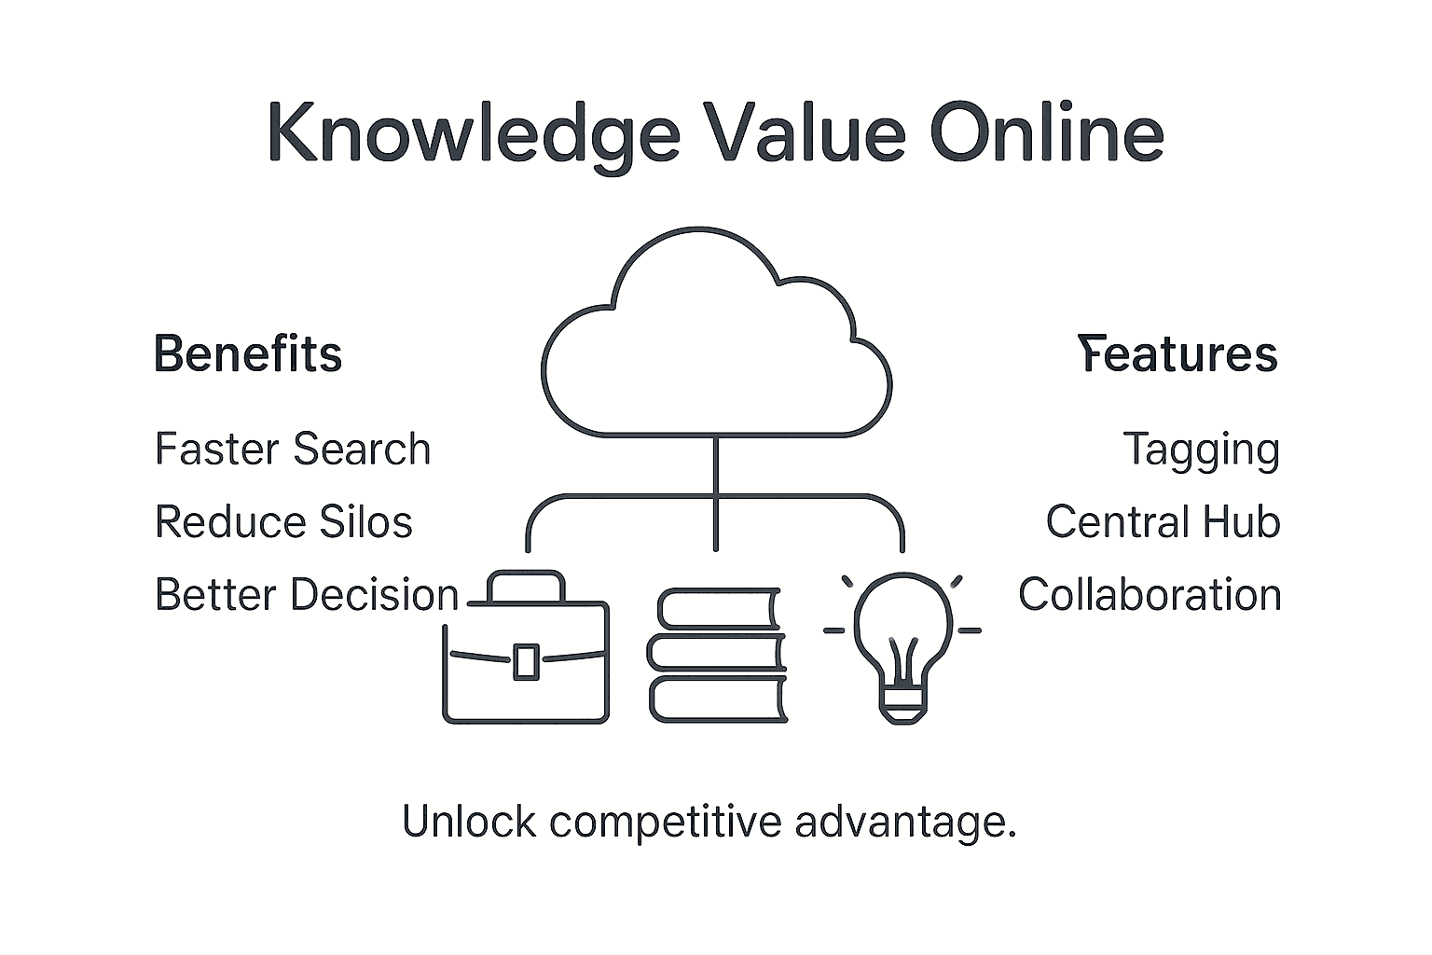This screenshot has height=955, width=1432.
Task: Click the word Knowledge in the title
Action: (x=473, y=132)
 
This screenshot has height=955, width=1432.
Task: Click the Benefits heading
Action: (x=248, y=354)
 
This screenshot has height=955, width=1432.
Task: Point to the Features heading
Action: (x=1177, y=354)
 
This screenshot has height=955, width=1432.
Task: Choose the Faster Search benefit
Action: (x=293, y=449)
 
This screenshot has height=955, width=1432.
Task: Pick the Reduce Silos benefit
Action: (x=283, y=521)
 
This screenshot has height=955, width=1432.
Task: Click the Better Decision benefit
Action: (x=307, y=595)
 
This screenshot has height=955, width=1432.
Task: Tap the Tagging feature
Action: (x=1201, y=450)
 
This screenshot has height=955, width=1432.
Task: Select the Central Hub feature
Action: (x=1163, y=521)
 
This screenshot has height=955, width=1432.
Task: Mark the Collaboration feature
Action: (x=1150, y=595)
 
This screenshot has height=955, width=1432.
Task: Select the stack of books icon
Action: (x=717, y=655)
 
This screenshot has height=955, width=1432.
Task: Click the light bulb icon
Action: (x=902, y=644)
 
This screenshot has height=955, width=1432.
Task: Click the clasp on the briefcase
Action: (x=526, y=660)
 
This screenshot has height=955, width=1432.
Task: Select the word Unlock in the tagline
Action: (x=469, y=822)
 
